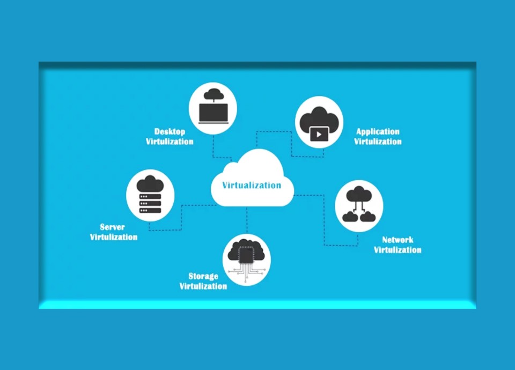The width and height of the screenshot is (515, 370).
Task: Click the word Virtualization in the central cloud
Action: point(252,185)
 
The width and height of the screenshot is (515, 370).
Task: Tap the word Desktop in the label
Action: point(170,132)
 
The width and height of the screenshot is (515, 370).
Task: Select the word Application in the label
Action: point(378,132)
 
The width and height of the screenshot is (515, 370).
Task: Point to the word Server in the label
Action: point(112,227)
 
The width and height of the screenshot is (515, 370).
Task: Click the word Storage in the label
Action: point(203,277)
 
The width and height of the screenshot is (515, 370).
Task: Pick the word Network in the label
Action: point(398,240)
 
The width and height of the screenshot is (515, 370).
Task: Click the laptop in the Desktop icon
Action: point(214,114)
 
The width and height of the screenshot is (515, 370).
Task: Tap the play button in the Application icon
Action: point(319,134)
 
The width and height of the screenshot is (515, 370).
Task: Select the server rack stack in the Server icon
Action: point(150,203)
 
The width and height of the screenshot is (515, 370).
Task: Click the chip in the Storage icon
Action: point(246,255)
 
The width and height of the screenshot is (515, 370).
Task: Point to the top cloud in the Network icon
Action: point(359,194)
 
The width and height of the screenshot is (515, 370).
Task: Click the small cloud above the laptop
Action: point(214,94)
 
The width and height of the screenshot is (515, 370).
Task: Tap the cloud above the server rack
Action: point(150,184)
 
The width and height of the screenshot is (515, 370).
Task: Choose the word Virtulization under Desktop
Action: point(170,142)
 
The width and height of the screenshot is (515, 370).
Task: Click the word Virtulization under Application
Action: point(378,142)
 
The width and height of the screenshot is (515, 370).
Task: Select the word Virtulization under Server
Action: point(114,237)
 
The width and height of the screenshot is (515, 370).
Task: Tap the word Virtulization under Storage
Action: point(203,286)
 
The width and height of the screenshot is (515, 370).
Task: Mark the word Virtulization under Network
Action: point(398,250)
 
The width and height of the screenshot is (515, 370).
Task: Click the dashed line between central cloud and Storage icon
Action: point(247,220)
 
